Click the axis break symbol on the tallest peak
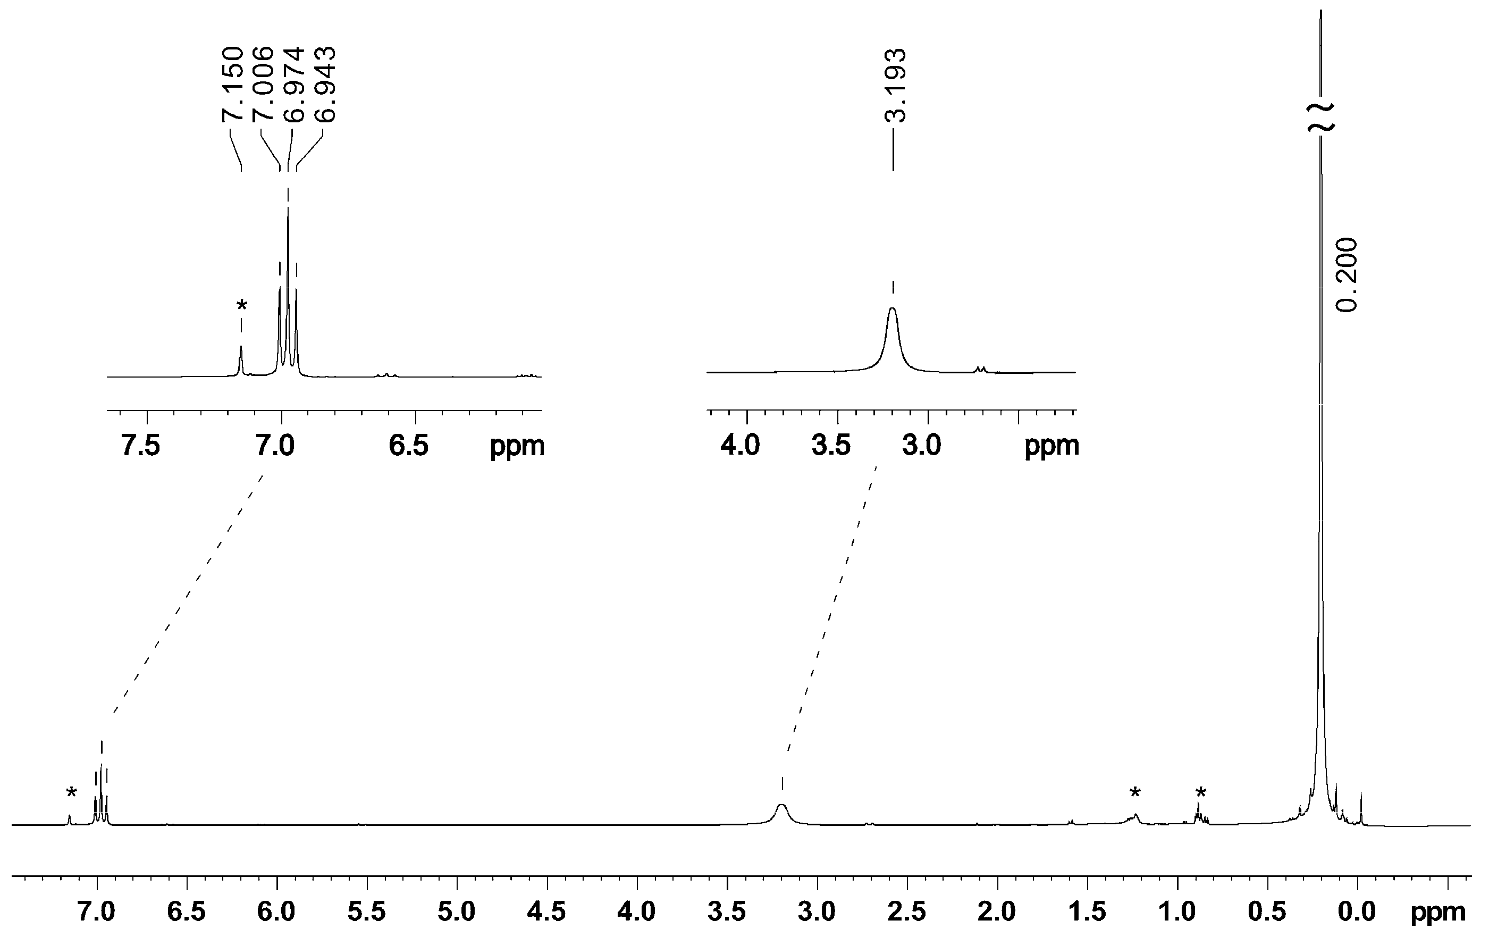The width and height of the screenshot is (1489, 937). (x=1321, y=117)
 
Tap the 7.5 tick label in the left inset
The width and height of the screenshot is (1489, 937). (x=141, y=445)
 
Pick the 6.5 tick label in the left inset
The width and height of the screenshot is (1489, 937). (x=409, y=445)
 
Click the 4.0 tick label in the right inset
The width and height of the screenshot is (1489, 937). (x=740, y=445)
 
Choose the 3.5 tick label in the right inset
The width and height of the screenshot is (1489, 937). (x=831, y=445)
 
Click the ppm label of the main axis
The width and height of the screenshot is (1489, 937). (x=1437, y=911)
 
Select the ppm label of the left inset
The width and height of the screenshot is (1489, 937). (x=517, y=445)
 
